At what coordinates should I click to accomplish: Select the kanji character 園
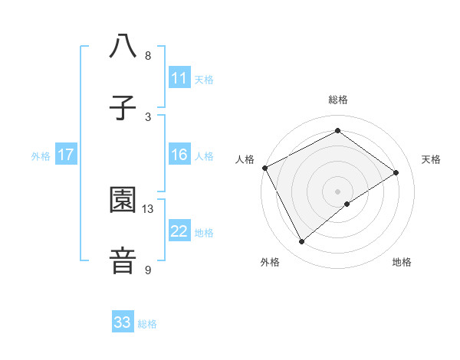pyautogui.click(x=123, y=200)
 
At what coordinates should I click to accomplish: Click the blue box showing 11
pyautogui.click(x=179, y=78)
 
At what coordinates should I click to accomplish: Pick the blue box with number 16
pyautogui.click(x=179, y=155)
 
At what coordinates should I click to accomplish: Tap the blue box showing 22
pyautogui.click(x=179, y=231)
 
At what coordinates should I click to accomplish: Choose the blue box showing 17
pyautogui.click(x=66, y=155)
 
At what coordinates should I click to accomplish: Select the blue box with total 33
pyautogui.click(x=123, y=322)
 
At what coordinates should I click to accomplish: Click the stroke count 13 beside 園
pyautogui.click(x=148, y=208)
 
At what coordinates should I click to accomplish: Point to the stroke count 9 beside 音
pyautogui.click(x=148, y=270)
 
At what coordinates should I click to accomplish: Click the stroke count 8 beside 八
pyautogui.click(x=148, y=56)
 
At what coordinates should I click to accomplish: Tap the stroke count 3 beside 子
pyautogui.click(x=148, y=116)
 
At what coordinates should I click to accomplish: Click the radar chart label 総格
pyautogui.click(x=337, y=100)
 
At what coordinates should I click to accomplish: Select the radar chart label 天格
pyautogui.click(x=431, y=159)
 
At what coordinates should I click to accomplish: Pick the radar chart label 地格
pyautogui.click(x=402, y=262)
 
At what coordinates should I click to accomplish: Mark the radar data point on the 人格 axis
pyautogui.click(x=264, y=168)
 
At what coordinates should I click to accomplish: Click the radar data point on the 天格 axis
pyautogui.click(x=396, y=172)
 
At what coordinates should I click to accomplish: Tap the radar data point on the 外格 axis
pyautogui.click(x=302, y=241)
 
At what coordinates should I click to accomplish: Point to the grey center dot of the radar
pyautogui.click(x=337, y=191)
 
